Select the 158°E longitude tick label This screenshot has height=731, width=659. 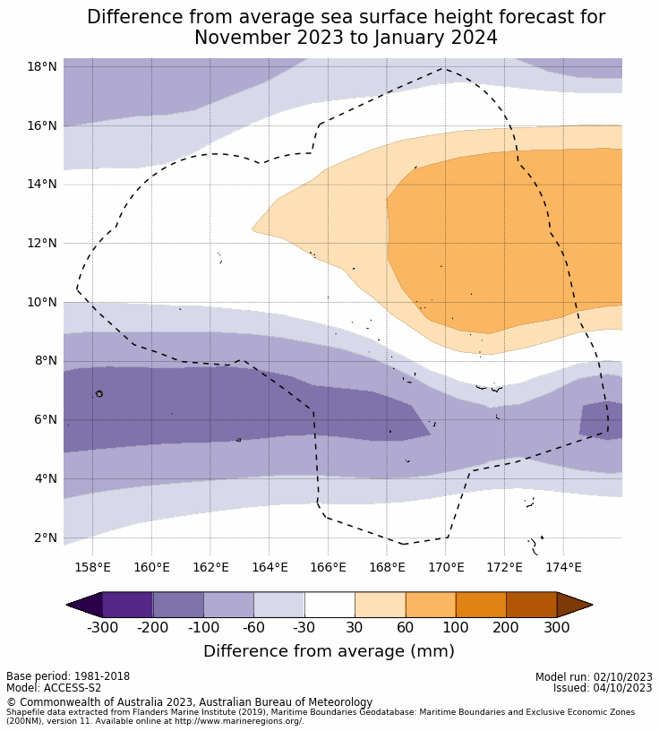coord(92,567)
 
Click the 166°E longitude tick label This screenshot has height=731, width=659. coord(328,567)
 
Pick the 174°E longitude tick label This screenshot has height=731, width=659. coord(563,567)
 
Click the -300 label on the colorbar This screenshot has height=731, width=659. coord(103,627)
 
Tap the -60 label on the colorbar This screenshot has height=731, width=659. coord(254,627)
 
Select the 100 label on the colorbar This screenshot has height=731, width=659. coord(456,627)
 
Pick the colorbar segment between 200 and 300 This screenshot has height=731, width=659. coord(531,605)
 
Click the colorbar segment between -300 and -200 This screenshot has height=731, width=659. coord(128,605)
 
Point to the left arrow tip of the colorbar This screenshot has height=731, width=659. coord(69,605)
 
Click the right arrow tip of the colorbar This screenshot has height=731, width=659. coord(590,605)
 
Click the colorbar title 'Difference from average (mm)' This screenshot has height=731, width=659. coord(329,651)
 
